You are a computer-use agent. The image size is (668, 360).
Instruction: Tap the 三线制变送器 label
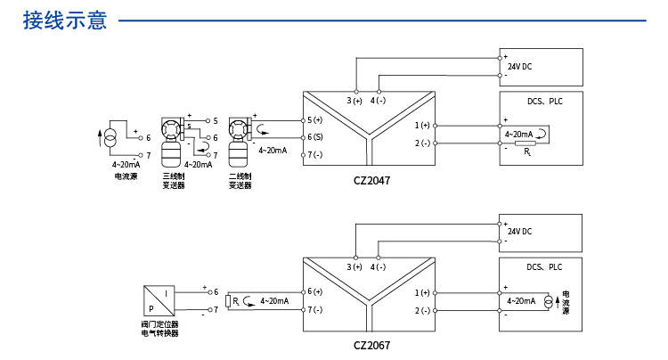(174, 181)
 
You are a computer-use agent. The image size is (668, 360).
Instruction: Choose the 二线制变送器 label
(240, 181)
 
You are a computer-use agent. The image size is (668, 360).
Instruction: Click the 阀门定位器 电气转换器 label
(160, 329)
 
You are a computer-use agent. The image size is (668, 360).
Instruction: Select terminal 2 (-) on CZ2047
(422, 143)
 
